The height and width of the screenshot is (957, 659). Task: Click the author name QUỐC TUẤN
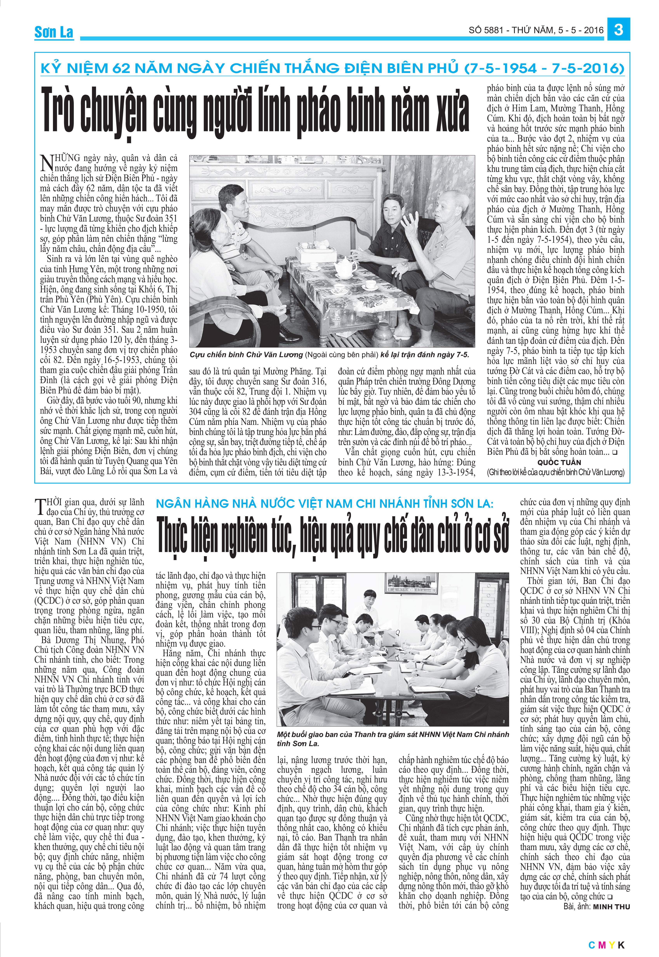tap(559, 463)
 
